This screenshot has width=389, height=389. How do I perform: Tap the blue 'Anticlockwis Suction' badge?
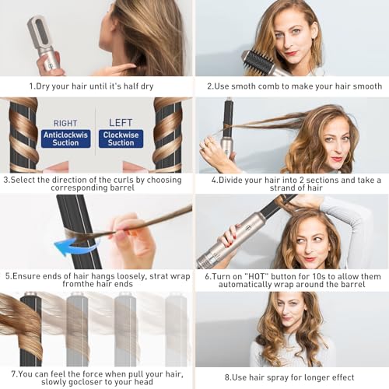point(65,138)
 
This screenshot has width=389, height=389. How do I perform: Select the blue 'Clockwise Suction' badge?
point(121,138)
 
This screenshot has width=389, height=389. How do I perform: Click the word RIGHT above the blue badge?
point(65,123)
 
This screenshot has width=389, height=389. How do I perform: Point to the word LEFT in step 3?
point(121,123)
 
